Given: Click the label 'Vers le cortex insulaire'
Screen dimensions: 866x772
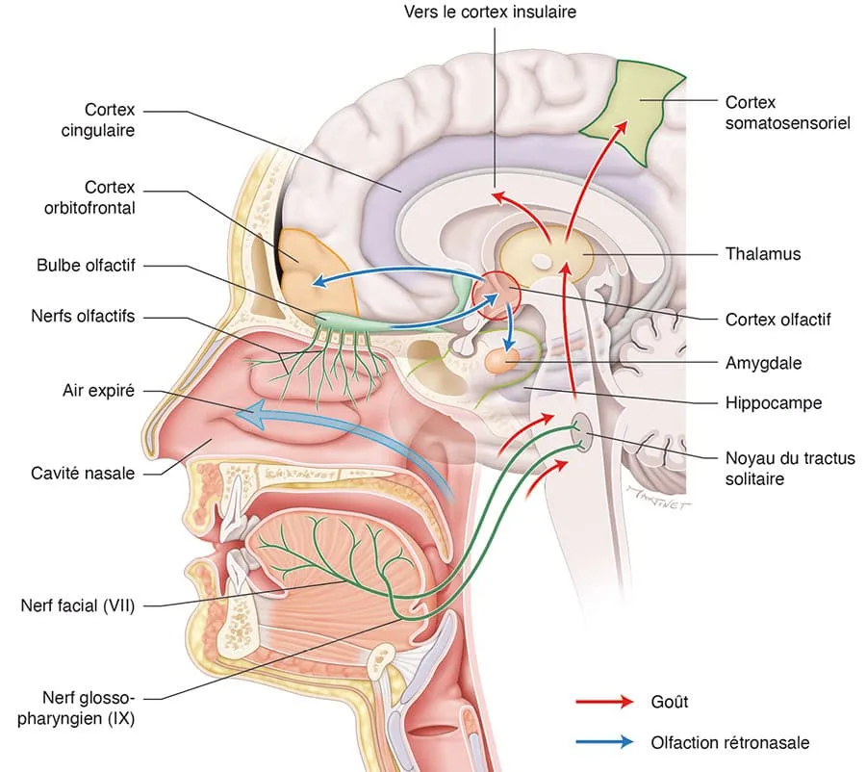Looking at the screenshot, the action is pyautogui.click(x=490, y=12).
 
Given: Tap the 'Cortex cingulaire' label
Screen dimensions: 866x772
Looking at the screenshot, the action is pyautogui.click(x=98, y=120).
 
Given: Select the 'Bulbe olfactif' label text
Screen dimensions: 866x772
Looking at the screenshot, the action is pyautogui.click(x=86, y=266).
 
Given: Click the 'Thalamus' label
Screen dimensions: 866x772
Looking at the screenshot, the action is pyautogui.click(x=763, y=254).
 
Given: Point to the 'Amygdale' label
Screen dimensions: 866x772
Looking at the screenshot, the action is pyautogui.click(x=763, y=363).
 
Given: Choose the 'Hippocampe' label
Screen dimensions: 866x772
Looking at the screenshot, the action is pyautogui.click(x=774, y=403).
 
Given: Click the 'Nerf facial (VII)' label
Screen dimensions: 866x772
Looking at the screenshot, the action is pyautogui.click(x=78, y=605).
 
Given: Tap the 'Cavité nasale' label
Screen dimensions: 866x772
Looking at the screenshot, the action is pyautogui.click(x=83, y=473).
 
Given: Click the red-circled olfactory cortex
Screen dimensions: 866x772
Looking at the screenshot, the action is pyautogui.click(x=497, y=296).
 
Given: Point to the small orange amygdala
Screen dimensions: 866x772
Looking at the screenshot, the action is pyautogui.click(x=501, y=361).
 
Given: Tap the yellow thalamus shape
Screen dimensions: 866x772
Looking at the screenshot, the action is pyautogui.click(x=546, y=254).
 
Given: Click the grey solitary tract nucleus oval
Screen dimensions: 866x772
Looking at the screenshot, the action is pyautogui.click(x=580, y=431).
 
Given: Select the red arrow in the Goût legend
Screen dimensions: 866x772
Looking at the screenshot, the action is pyautogui.click(x=604, y=702).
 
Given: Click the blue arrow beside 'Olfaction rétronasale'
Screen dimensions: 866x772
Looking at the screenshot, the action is pyautogui.click(x=604, y=741).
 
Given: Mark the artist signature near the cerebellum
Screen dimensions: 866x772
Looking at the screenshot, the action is pyautogui.click(x=659, y=497).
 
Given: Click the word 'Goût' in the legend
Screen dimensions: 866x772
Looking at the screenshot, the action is pyautogui.click(x=670, y=702).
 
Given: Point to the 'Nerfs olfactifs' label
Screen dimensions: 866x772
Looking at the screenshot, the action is pyautogui.click(x=83, y=316).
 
